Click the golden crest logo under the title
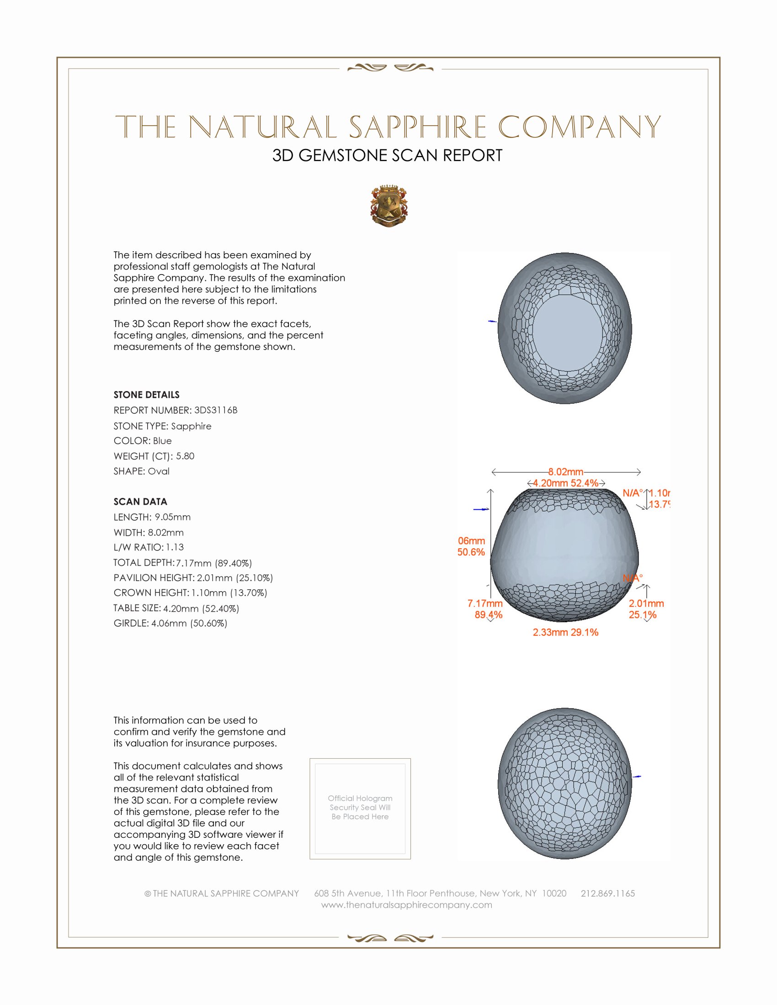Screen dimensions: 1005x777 (389, 206)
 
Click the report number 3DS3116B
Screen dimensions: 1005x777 (215, 410)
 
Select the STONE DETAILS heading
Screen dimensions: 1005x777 (146, 395)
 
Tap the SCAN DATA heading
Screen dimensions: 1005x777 (140, 502)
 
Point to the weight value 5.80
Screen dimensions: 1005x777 (185, 456)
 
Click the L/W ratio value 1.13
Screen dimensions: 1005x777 (175, 547)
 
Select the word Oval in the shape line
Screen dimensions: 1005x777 (158, 471)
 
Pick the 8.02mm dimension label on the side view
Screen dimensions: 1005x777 (565, 472)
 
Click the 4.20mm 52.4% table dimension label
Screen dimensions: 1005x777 (565, 483)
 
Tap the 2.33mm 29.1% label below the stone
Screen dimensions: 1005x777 (565, 632)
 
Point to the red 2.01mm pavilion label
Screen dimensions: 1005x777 (646, 603)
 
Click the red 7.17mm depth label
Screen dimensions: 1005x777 (484, 603)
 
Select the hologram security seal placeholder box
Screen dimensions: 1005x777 (360, 809)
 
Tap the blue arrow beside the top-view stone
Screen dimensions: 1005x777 (492, 321)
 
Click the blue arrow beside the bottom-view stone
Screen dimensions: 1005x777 (637, 777)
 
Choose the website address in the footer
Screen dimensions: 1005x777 (406, 904)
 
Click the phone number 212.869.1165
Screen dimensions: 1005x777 (607, 893)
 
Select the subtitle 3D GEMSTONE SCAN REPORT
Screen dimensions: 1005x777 (387, 155)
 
